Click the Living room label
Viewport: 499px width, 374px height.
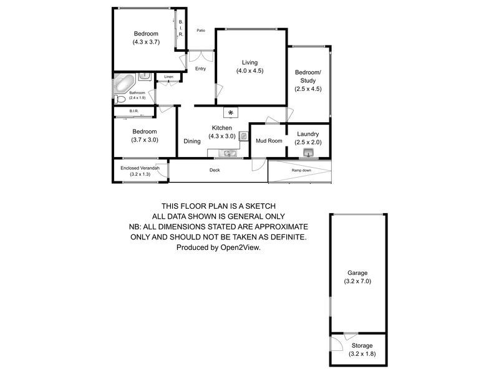(x=249, y=62)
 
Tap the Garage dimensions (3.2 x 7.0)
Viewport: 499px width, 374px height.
(x=357, y=282)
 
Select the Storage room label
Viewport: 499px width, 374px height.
(x=361, y=345)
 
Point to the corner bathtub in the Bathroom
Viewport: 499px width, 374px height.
(x=124, y=83)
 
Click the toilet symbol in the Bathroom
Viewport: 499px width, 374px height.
(x=120, y=98)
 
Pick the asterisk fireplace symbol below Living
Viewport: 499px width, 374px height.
(x=231, y=113)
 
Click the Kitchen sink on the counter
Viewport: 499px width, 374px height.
(x=229, y=153)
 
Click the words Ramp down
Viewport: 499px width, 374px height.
(x=301, y=170)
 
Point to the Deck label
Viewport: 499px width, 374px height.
(x=214, y=170)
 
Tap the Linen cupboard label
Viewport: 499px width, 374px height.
(x=168, y=77)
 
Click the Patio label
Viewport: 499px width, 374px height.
(x=201, y=31)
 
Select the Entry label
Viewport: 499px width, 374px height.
(x=200, y=69)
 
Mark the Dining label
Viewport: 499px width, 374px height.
(x=192, y=141)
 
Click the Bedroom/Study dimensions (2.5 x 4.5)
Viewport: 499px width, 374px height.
(x=308, y=89)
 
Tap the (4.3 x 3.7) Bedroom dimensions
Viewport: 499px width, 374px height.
(x=145, y=42)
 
